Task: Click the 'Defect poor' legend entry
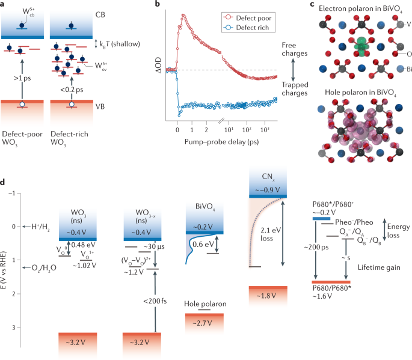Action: tap(247, 18)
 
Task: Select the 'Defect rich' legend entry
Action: tap(246, 28)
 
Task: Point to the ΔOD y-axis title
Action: tap(158, 65)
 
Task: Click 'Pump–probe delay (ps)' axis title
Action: tap(221, 142)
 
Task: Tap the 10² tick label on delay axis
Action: tap(247, 130)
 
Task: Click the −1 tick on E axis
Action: tap(11, 194)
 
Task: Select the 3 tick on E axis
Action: tap(14, 328)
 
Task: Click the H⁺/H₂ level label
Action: tap(40, 227)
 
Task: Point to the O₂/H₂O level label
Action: tap(44, 268)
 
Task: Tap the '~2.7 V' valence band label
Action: tap(202, 323)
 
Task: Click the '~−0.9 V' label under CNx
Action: tap(268, 190)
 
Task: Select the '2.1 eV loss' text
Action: tap(271, 234)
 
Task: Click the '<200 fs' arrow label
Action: tap(155, 301)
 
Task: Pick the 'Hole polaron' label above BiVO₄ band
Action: tap(205, 304)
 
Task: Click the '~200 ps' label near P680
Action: tap(316, 248)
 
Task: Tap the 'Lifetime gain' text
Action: tap(379, 267)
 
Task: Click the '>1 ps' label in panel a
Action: tap(22, 78)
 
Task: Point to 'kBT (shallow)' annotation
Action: tap(120, 44)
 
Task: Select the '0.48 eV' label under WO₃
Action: tap(83, 245)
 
